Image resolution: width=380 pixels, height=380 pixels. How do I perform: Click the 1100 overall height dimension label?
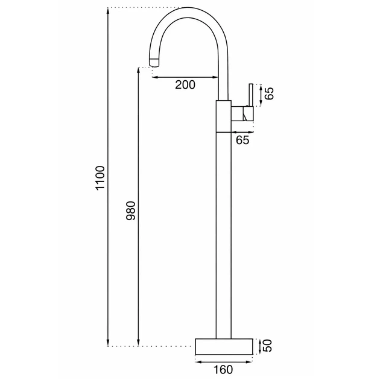pos(100,178)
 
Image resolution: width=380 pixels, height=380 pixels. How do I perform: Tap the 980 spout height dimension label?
pos(131,211)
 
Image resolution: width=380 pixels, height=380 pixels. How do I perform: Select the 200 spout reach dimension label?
pos(185,85)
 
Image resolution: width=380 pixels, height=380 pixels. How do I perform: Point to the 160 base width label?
pos(223,370)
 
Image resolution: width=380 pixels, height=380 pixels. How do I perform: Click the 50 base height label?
pos(268,346)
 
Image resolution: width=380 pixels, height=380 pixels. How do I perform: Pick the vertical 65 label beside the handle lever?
pos(269,93)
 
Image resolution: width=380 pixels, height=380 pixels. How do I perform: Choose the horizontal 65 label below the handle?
pos(242,140)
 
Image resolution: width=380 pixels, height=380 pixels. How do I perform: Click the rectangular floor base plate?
pos(224,347)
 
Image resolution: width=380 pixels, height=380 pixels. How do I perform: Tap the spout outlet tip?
pos(155,63)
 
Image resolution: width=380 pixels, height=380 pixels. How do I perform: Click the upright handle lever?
pos(251,95)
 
